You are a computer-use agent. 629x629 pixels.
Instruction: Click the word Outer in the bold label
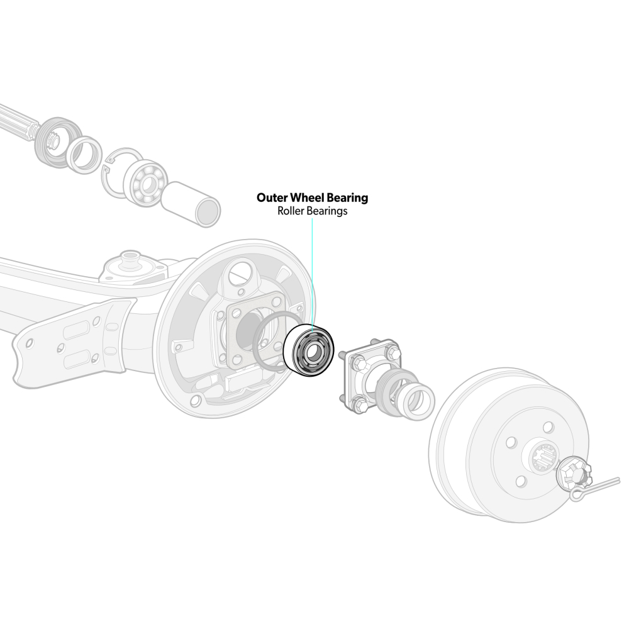(x=272, y=198)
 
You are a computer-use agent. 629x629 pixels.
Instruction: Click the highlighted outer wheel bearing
(x=308, y=350)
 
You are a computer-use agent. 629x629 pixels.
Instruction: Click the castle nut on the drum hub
(x=573, y=474)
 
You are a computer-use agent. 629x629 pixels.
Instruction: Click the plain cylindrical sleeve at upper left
(x=191, y=204)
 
